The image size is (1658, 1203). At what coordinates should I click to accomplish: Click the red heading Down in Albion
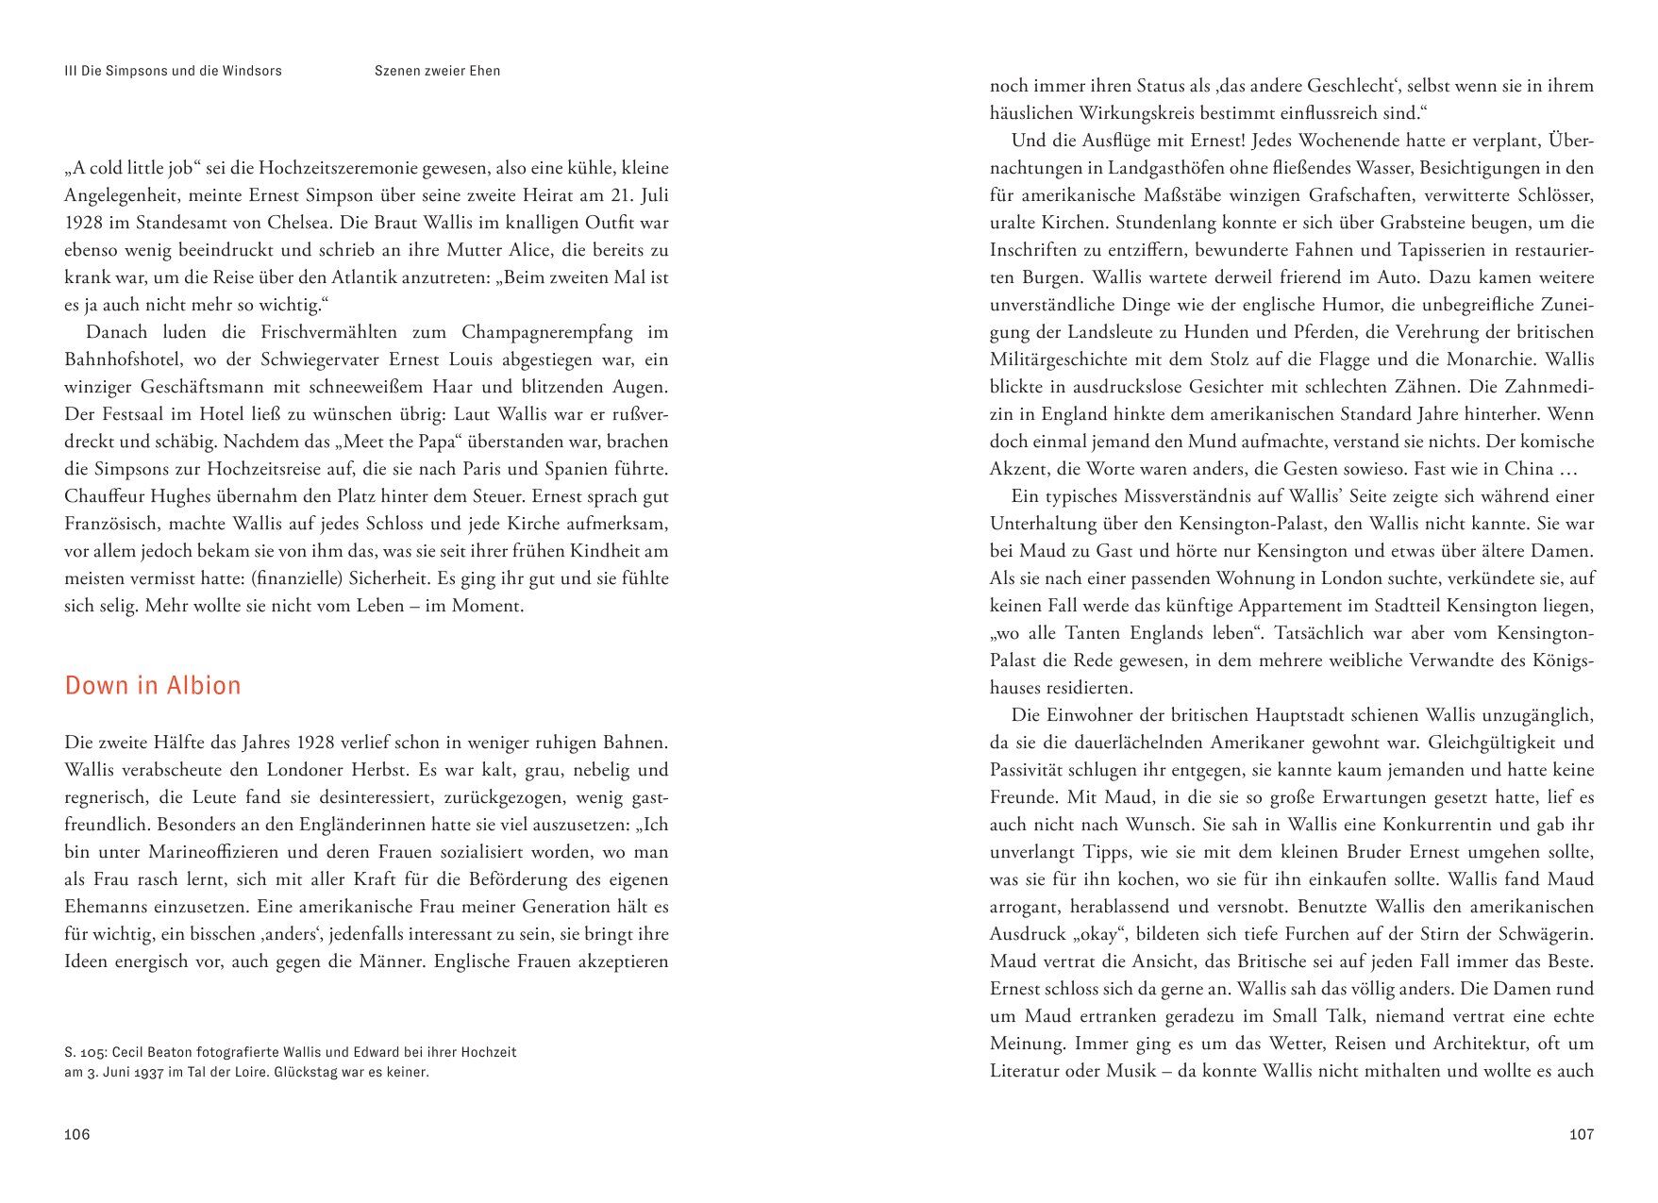(x=153, y=685)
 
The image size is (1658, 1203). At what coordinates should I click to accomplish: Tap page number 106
(x=77, y=1134)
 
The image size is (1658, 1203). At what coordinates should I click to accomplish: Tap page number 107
(x=1581, y=1134)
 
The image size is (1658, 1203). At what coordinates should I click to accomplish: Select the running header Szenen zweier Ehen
(x=437, y=71)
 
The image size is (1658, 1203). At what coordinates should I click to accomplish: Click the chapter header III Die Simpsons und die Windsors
(x=173, y=71)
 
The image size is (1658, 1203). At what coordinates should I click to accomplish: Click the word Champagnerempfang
(x=547, y=332)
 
